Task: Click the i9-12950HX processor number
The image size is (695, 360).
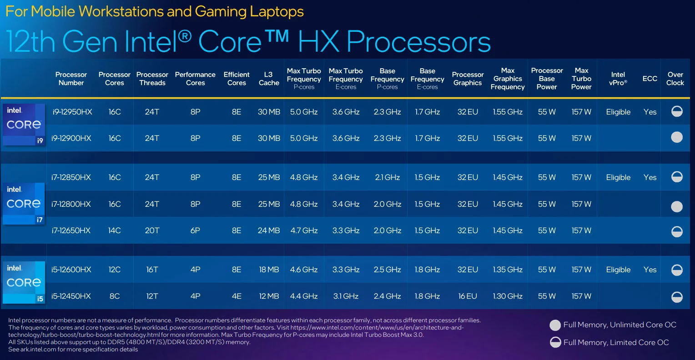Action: click(x=72, y=112)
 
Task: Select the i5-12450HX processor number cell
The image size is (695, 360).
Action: click(x=71, y=296)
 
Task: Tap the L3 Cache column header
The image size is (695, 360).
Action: click(x=269, y=79)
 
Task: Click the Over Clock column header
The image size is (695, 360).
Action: click(x=675, y=79)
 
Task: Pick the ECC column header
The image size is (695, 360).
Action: click(x=650, y=79)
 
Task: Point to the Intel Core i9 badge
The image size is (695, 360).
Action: click(x=24, y=125)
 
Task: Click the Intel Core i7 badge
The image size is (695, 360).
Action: click(x=24, y=204)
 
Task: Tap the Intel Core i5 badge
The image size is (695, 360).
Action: click(x=24, y=282)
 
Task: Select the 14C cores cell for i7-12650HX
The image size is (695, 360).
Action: click(x=114, y=230)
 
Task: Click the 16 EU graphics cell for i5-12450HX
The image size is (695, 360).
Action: click(x=468, y=296)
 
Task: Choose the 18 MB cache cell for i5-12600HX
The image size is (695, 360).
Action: click(x=269, y=270)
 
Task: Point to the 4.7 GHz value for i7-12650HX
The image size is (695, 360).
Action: click(x=304, y=230)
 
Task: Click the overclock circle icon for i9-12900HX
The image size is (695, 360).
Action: click(x=677, y=137)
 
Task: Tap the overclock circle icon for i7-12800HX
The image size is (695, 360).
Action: click(x=677, y=206)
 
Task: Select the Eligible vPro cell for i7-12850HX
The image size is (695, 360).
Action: click(x=618, y=177)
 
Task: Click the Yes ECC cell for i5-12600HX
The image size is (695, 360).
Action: click(x=650, y=270)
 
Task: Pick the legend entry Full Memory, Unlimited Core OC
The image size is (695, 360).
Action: click(x=619, y=325)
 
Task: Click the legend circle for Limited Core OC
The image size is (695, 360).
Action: click(x=555, y=342)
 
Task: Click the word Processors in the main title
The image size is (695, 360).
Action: click(x=418, y=42)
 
